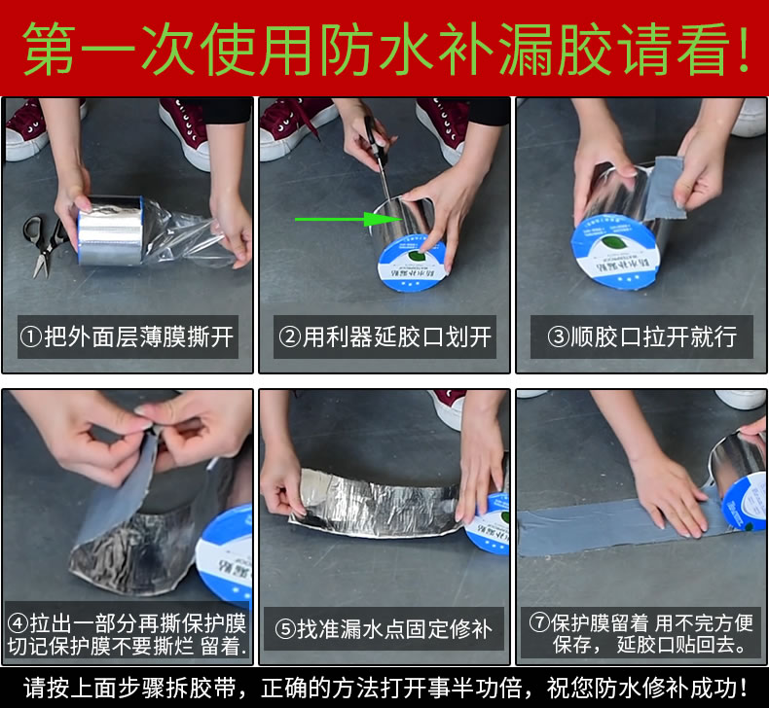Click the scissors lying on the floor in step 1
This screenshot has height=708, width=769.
pyautogui.click(x=43, y=246)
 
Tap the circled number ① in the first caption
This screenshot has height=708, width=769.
pyautogui.click(x=31, y=337)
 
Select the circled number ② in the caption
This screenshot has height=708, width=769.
pyautogui.click(x=289, y=337)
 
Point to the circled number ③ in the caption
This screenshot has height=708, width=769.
pyautogui.click(x=558, y=337)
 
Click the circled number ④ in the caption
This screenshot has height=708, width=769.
pyautogui.click(x=18, y=623)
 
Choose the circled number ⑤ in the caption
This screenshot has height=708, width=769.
pyautogui.click(x=285, y=629)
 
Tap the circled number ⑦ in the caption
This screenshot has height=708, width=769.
pyautogui.click(x=539, y=622)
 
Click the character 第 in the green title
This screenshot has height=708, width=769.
pyautogui.click(x=49, y=49)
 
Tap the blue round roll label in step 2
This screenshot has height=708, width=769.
pyautogui.click(x=413, y=265)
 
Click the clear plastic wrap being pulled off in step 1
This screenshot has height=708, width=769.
pyautogui.click(x=189, y=237)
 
